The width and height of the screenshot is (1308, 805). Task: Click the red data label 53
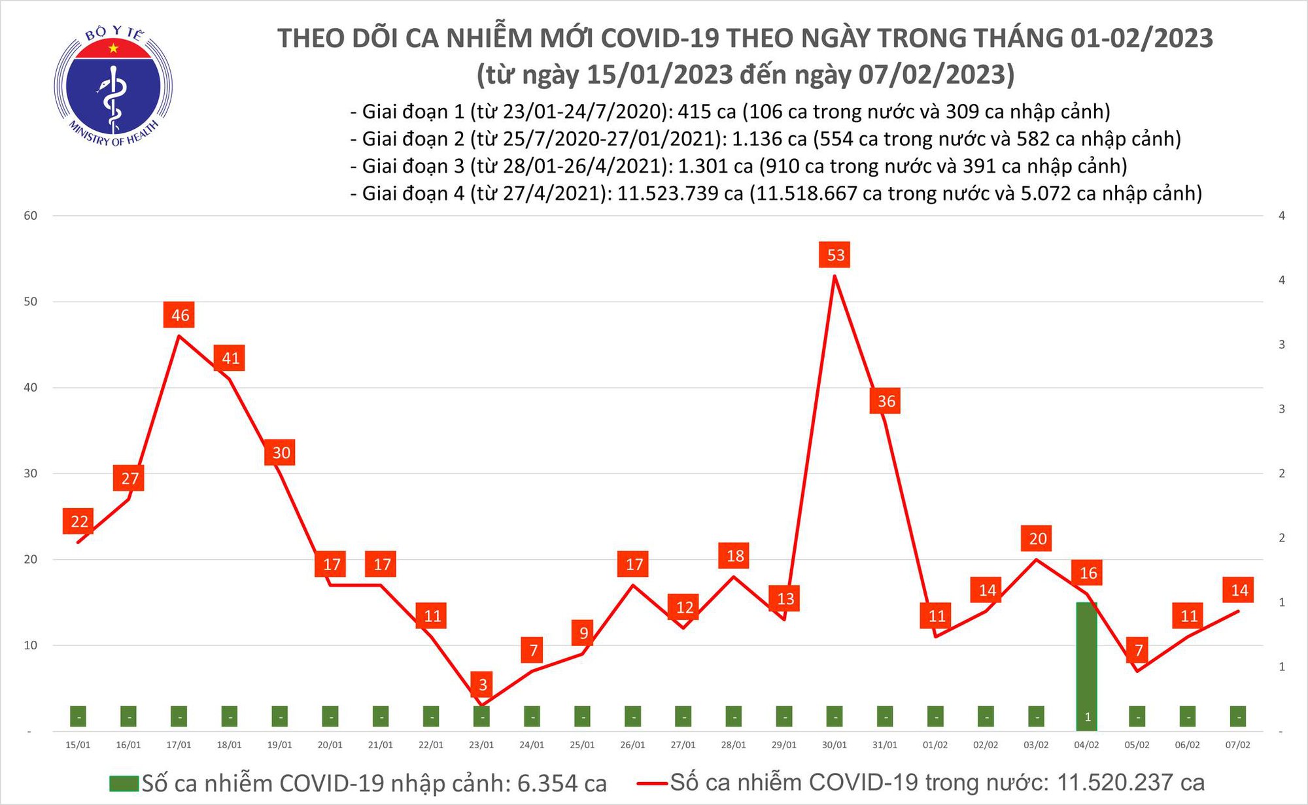coord(836,255)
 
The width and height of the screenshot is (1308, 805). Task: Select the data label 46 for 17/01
coord(180,315)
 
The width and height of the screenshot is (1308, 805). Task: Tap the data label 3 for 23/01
coord(483,685)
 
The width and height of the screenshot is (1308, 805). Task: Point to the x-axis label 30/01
coord(835,745)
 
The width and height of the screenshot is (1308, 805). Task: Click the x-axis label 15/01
coord(78,745)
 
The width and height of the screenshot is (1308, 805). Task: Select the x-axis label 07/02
coord(1237,745)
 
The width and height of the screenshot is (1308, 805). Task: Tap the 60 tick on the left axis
coord(30,216)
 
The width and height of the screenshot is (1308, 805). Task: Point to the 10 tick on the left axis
coord(30,645)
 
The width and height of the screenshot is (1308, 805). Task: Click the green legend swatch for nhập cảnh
coord(124,783)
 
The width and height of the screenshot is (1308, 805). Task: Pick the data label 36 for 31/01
coord(886,401)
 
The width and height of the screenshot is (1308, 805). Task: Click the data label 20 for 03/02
coord(1038,539)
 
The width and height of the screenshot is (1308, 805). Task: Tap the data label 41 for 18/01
coord(230,358)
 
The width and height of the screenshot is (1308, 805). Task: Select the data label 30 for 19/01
coord(281,453)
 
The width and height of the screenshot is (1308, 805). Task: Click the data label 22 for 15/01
coord(79,521)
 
